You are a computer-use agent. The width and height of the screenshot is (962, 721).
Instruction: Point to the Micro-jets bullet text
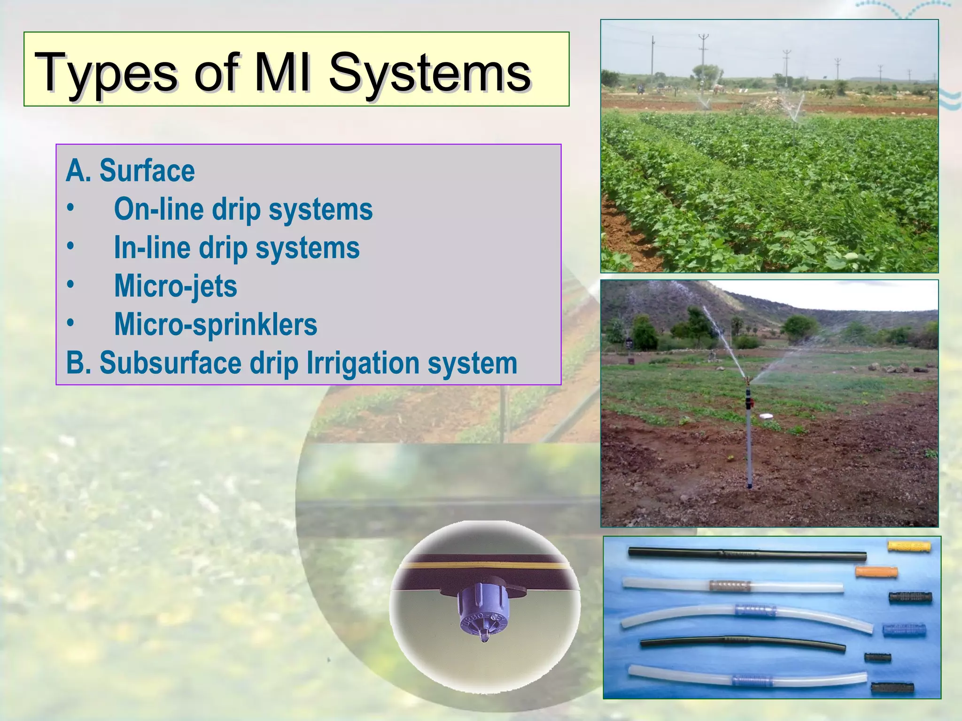[x=176, y=286]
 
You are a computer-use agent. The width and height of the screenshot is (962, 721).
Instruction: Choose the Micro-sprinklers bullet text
[x=216, y=324]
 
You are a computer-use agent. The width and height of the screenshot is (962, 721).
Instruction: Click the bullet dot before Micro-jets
[x=70, y=285]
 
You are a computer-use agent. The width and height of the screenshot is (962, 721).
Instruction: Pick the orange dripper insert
[x=876, y=572]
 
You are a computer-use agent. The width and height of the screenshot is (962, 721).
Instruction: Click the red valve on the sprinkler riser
[x=751, y=402]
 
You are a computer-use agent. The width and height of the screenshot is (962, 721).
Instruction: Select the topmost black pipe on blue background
[x=747, y=555]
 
